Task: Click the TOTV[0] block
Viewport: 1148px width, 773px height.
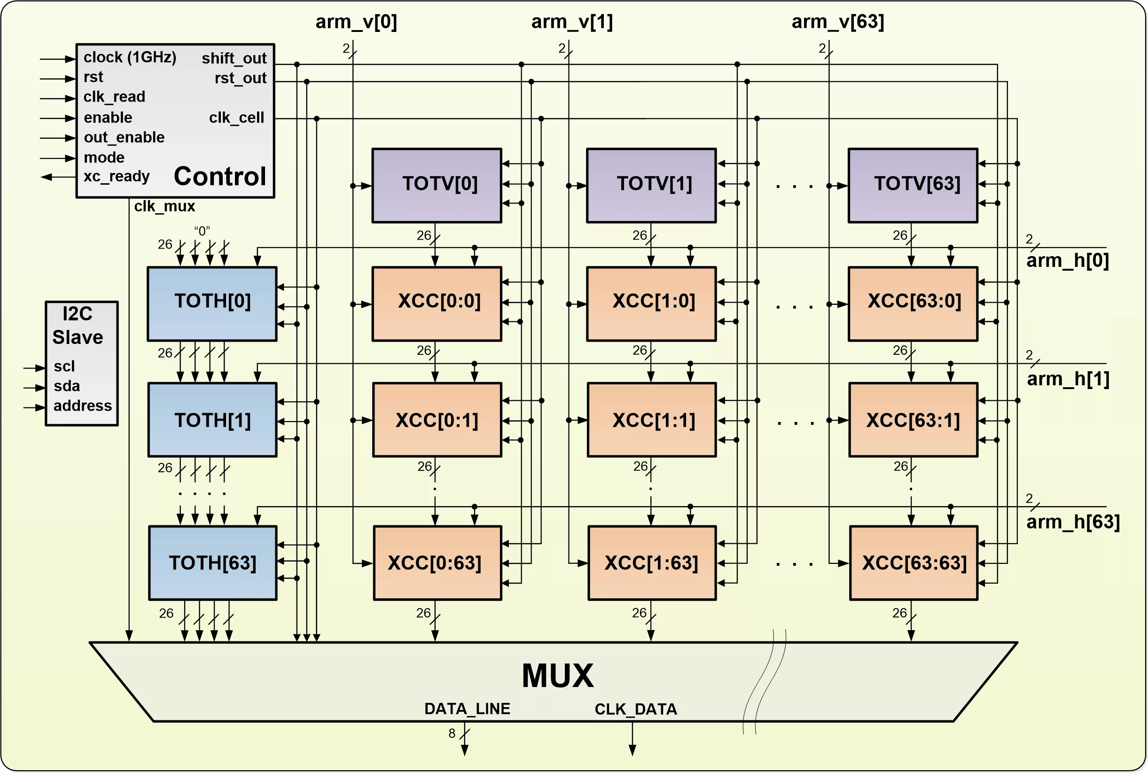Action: coord(437,185)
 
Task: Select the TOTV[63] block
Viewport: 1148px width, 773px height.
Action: coord(913,185)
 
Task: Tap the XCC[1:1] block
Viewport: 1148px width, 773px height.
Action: coord(652,420)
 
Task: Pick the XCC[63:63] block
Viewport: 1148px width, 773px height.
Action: coord(914,563)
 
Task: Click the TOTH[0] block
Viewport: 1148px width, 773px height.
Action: coord(212,304)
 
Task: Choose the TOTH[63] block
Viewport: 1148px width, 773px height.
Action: coord(213,563)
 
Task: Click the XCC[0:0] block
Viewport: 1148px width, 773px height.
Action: coord(437,304)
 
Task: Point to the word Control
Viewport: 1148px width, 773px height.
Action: coord(220,177)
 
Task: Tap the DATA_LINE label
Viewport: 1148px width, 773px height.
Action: coord(467,709)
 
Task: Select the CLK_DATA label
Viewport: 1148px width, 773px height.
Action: coord(636,710)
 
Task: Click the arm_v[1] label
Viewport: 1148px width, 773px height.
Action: coord(572,22)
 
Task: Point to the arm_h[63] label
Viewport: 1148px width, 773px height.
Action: coord(1073,522)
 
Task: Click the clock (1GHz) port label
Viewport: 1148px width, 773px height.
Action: coord(130,57)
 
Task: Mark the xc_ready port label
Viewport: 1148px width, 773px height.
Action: coord(117,177)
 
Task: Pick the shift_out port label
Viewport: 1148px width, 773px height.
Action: coord(234,58)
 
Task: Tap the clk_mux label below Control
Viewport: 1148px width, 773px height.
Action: coord(164,206)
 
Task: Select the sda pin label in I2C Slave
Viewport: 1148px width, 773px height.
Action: coord(67,386)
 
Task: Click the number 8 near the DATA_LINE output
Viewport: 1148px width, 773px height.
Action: coord(452,734)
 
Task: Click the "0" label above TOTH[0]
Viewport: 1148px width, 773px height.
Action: coord(202,231)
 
